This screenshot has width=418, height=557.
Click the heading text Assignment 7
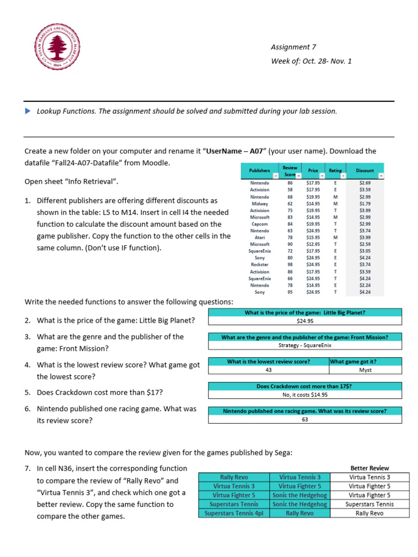pos(293,47)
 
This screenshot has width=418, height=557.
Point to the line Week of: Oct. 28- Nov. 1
pos(311,61)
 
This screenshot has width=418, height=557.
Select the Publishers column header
pos(259,171)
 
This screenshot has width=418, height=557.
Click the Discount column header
pos(365,171)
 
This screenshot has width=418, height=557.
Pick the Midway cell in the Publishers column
pos(260,203)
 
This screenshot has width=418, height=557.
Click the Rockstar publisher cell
pos(260,265)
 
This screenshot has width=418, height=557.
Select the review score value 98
pos(290,265)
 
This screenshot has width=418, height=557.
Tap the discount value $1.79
pos(365,203)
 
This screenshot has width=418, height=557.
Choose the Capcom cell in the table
pos(260,224)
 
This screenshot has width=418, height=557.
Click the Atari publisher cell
pos(260,238)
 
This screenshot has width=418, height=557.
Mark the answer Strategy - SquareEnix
pos(305,345)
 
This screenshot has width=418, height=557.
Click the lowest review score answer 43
pos(268,370)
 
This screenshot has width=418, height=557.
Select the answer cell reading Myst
pos(365,370)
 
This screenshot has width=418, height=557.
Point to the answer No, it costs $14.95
pos(305,395)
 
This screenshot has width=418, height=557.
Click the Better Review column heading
pos(370,468)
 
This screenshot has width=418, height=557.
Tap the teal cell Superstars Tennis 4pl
pos(233,513)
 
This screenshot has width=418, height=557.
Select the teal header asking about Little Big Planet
pos(305,312)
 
